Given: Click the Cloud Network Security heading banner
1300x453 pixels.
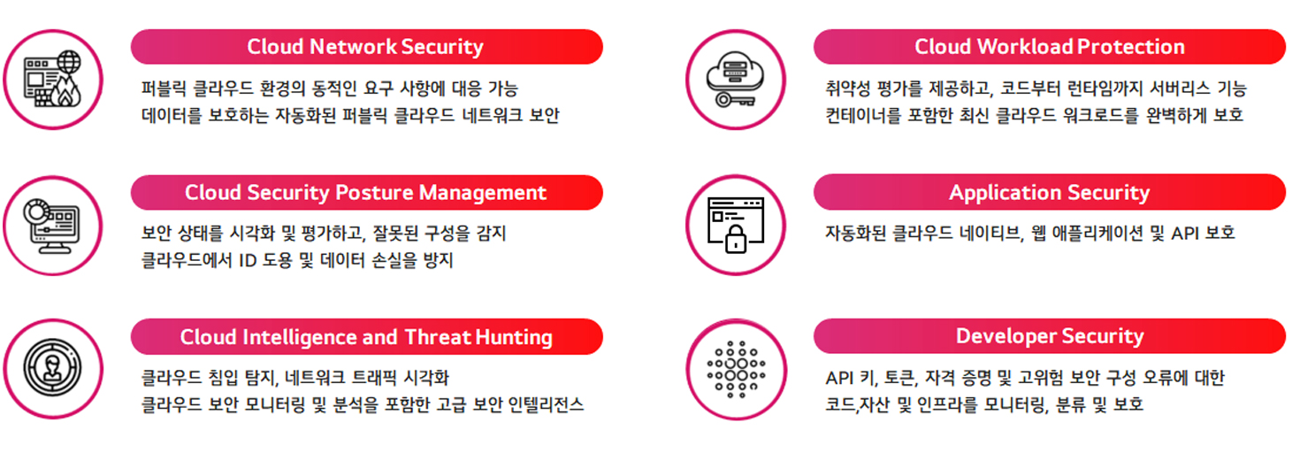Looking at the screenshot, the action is click(x=367, y=47).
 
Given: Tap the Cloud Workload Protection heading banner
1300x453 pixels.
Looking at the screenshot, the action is click(x=1049, y=47).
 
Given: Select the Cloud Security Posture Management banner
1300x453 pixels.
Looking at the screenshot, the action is click(x=367, y=192).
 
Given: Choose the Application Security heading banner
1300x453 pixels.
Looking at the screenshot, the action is click(x=1049, y=192).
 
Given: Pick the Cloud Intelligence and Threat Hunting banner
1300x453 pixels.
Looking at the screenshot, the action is click(x=367, y=337).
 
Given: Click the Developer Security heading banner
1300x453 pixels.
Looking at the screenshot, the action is click(x=1049, y=335).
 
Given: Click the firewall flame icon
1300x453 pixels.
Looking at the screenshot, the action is click(x=53, y=80).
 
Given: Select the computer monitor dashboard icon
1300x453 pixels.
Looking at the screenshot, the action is click(x=52, y=226).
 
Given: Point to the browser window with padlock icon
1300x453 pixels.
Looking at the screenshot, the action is click(x=735, y=225).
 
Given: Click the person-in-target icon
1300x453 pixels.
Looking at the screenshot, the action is click(x=52, y=368).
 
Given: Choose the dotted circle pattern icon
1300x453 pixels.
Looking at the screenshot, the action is click(x=736, y=369).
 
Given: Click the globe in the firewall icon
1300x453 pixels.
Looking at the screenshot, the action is click(x=68, y=62).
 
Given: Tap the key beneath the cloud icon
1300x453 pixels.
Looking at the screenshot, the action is click(x=735, y=101).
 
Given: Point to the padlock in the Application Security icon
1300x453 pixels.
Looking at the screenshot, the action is click(x=736, y=239).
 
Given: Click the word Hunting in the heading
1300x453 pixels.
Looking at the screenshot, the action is click(x=514, y=337).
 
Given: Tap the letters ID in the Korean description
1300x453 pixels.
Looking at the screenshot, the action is click(x=248, y=260).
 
